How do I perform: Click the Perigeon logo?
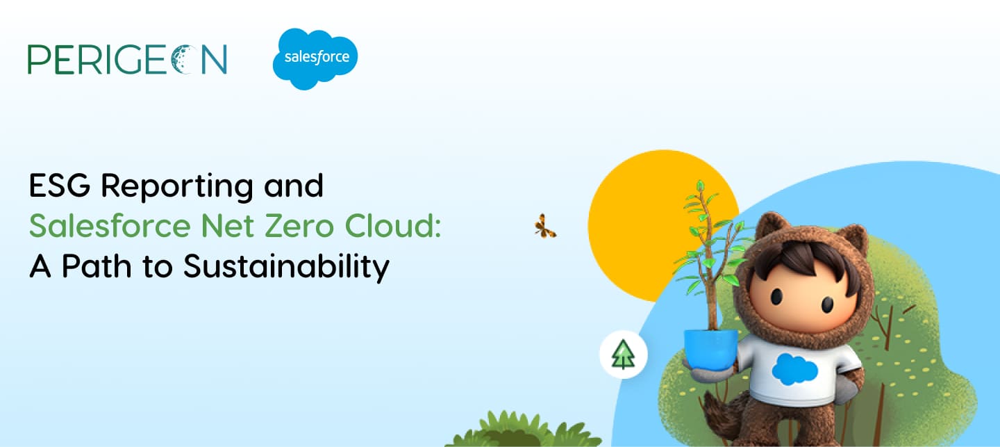127,59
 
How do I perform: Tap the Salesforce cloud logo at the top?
315,58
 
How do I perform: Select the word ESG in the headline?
60,185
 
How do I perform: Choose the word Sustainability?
286,268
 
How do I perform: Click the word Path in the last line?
97,266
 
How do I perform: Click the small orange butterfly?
544,226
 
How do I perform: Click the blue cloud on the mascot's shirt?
794,368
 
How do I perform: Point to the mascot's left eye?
776,296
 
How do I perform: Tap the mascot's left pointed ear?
772,227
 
